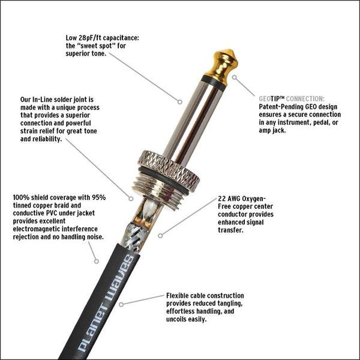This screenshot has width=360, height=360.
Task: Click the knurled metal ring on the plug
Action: [169, 170]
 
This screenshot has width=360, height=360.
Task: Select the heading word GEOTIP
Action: [272, 99]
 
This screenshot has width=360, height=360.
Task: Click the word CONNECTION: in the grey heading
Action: [305, 99]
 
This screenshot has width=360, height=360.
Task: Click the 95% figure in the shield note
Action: [99, 197]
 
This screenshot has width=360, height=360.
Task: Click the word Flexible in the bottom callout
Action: [178, 295]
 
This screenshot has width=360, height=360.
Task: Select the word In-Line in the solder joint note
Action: [43, 100]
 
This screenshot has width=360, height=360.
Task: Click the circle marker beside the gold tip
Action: [234, 77]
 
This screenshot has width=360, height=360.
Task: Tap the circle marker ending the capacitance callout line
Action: [180, 102]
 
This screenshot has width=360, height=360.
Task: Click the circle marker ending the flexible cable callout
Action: [121, 305]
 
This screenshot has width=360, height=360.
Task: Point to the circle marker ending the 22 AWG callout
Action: [160, 236]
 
